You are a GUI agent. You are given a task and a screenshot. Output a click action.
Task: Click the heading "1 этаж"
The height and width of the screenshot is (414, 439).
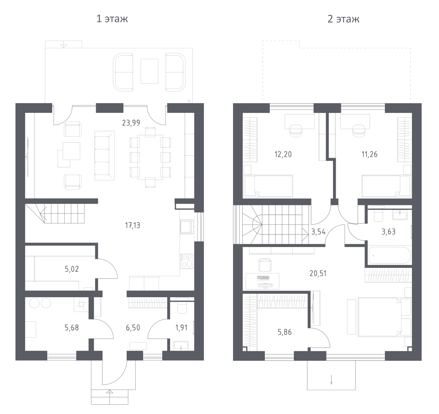(x=112, y=19)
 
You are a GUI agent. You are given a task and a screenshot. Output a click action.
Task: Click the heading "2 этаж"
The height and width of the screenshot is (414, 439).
(x=344, y=19)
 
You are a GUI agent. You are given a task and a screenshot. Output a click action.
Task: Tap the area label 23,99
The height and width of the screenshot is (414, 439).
(x=131, y=123)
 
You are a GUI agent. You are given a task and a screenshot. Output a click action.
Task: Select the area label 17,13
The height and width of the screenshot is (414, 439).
(x=133, y=226)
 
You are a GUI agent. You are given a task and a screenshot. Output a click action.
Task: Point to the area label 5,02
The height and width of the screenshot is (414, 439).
(x=72, y=269)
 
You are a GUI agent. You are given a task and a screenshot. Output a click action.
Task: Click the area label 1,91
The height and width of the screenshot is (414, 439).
(x=181, y=328)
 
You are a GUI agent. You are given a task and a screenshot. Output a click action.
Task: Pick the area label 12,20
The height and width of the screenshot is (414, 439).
(x=283, y=154)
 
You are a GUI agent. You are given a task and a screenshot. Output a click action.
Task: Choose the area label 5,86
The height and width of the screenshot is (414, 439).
(x=285, y=332)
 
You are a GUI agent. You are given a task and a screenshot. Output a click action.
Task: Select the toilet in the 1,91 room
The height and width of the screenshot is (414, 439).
(x=182, y=306)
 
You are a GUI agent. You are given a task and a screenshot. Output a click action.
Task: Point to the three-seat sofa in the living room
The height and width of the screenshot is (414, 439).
(x=105, y=156)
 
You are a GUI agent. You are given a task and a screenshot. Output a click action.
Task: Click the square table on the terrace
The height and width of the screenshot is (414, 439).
(x=149, y=71)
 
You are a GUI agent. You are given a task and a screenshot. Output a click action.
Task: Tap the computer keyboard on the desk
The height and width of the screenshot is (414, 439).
(x=263, y=278)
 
